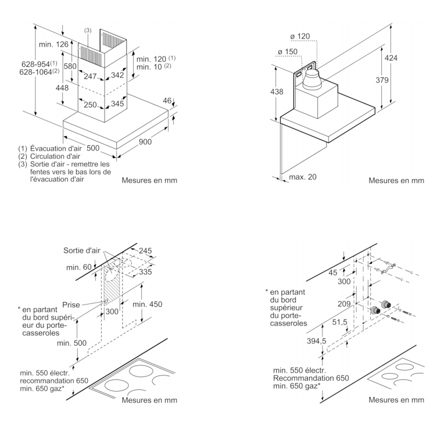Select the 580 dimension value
[70, 66]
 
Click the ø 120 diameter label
[299, 37]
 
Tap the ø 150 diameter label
[289, 52]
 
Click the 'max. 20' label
[303, 176]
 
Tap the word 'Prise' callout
[71, 304]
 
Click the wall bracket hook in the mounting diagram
[385, 269]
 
